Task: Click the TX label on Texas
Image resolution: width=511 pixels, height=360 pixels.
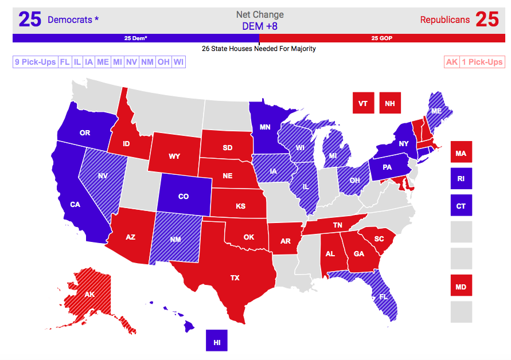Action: pos(235,278)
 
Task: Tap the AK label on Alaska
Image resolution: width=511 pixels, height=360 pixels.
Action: pos(89,295)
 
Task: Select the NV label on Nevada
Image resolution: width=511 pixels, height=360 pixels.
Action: pos(103,177)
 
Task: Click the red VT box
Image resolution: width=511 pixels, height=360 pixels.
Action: pos(363,103)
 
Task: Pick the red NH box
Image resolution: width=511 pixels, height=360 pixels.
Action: pos(390,103)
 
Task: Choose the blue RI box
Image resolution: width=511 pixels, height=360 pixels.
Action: pos(461,178)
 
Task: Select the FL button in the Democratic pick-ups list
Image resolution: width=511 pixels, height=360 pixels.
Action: pos(64,62)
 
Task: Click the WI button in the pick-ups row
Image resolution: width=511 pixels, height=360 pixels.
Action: pos(178,62)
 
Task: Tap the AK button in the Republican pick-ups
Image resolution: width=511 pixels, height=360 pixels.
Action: pos(452,62)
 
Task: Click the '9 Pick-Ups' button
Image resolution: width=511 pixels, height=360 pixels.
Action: pos(34,62)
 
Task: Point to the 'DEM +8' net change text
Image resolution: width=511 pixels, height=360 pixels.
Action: pos(259,26)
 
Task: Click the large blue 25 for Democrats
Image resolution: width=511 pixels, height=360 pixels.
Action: pos(30,19)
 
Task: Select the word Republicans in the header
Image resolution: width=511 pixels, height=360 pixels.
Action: pos(444,20)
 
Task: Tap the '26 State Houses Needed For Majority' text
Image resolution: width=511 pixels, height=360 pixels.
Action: pos(259,49)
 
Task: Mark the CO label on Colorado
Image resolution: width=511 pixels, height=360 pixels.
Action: pos(184,197)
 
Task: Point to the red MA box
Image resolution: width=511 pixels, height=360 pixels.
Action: pos(461,153)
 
